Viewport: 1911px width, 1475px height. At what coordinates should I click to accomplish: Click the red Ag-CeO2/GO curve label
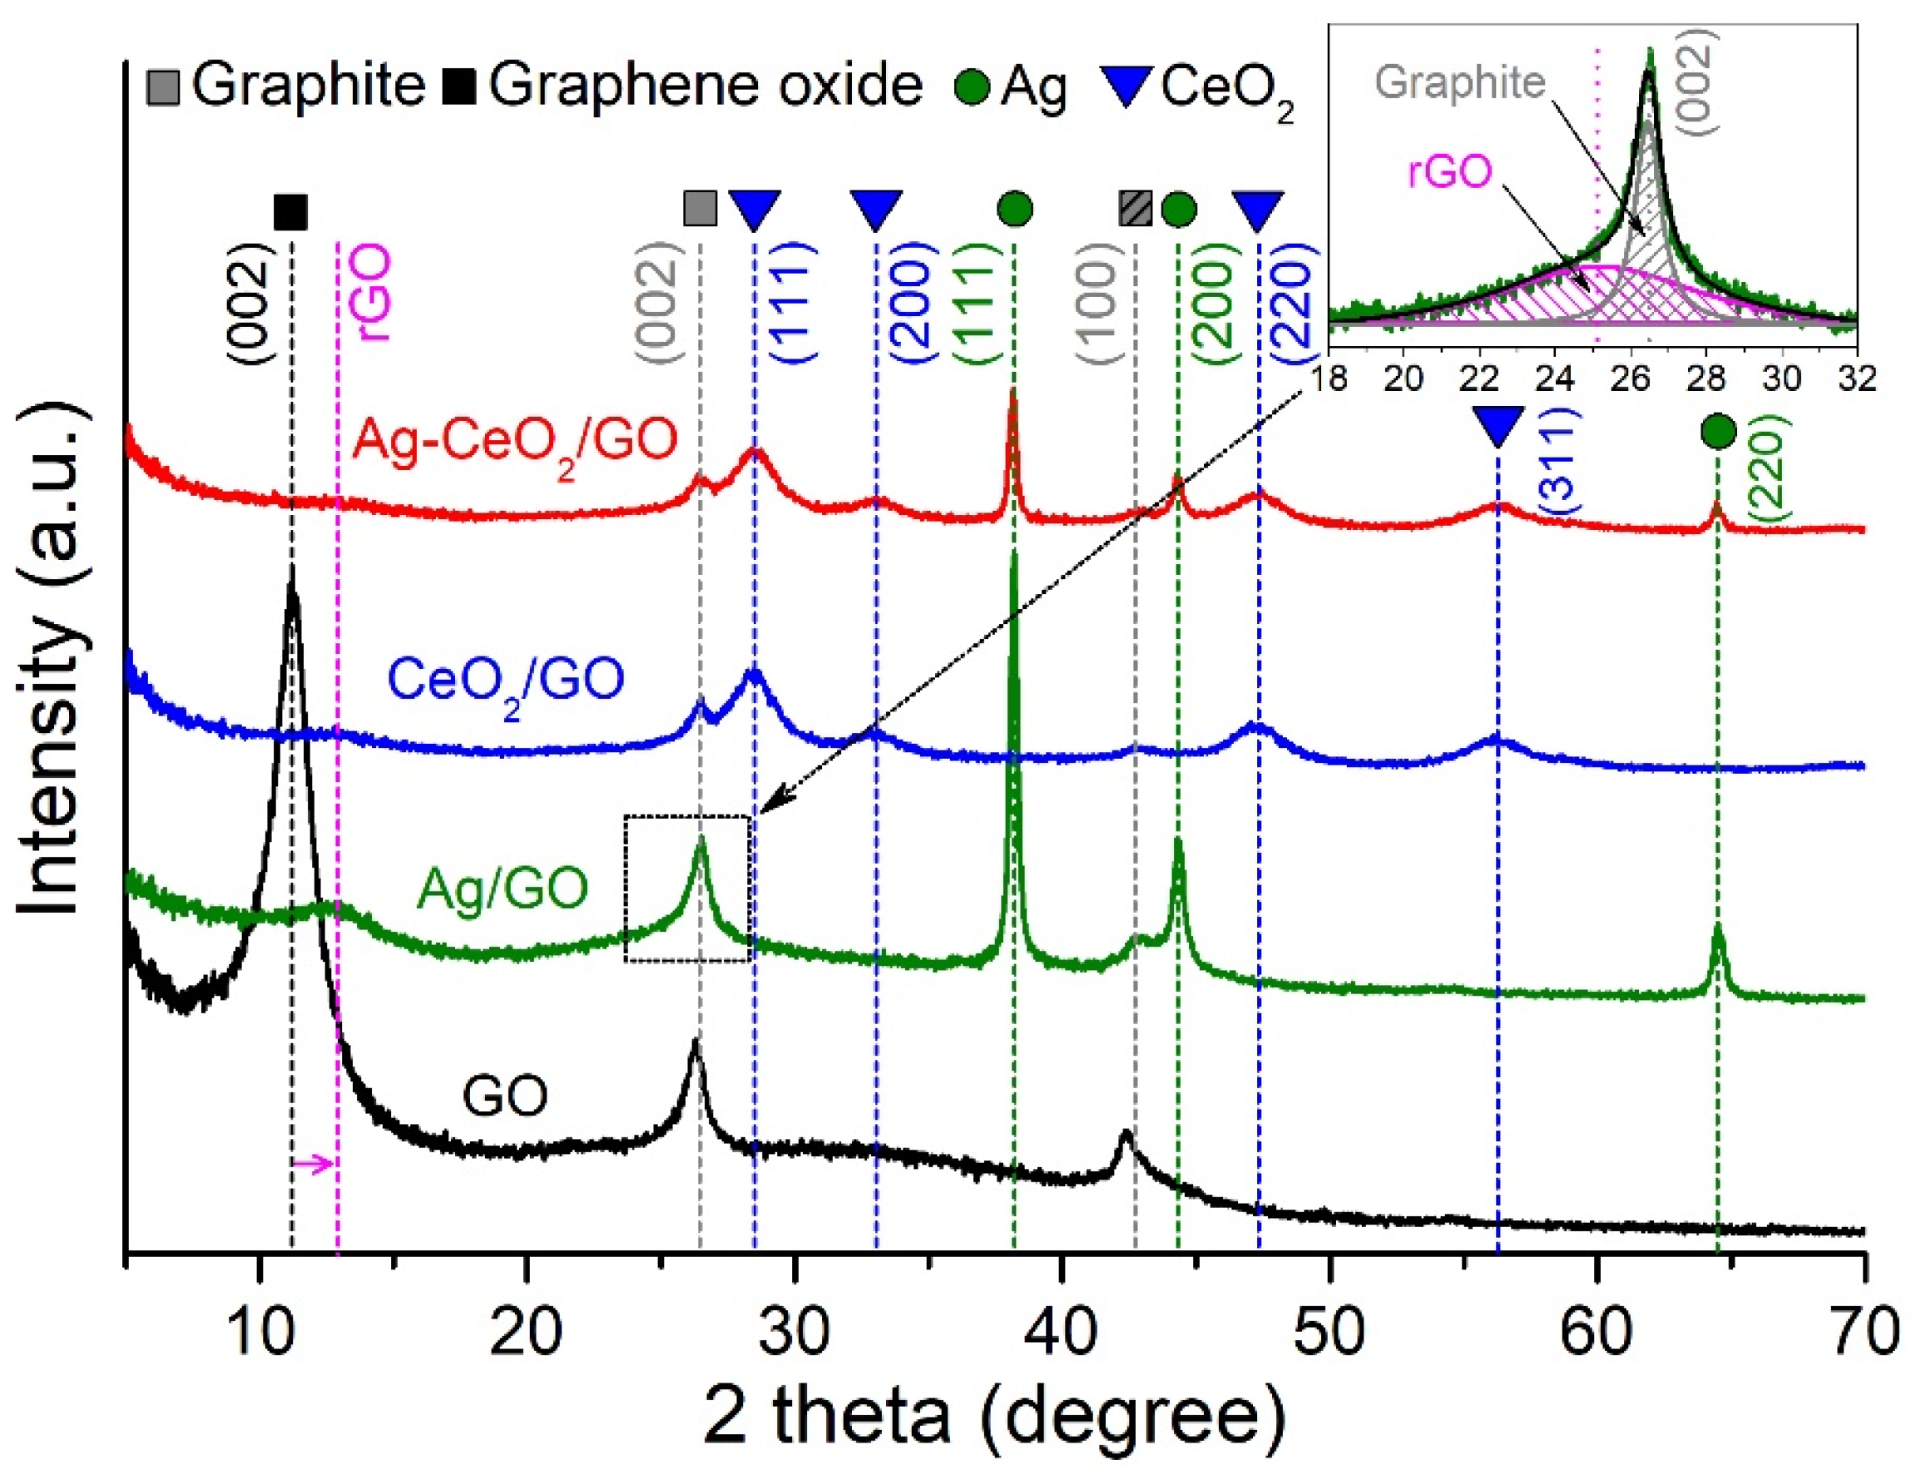514,440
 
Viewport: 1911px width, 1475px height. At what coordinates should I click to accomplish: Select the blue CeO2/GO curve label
507,680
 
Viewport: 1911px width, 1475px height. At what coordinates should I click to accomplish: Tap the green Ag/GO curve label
503,888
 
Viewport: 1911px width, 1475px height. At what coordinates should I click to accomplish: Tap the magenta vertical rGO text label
374,293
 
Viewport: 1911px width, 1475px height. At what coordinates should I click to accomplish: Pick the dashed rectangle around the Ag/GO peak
687,888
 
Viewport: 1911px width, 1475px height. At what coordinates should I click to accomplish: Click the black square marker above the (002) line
290,211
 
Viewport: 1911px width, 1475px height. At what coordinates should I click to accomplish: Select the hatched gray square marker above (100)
1136,208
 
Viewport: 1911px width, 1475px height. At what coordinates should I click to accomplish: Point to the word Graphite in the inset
1459,83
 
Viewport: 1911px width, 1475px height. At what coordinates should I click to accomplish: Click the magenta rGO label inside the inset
1449,171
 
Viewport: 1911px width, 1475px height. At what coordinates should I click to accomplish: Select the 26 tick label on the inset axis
1630,379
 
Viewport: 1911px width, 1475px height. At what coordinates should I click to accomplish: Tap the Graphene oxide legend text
705,86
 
